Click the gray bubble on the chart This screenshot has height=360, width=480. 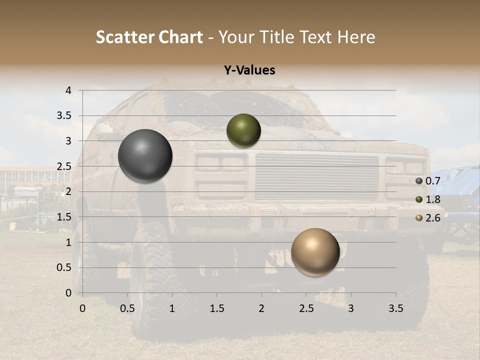145,156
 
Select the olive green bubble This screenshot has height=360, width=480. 243,130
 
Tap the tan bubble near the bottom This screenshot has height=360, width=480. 315,252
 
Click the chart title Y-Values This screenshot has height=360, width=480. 249,70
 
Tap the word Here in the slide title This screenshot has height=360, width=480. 356,37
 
